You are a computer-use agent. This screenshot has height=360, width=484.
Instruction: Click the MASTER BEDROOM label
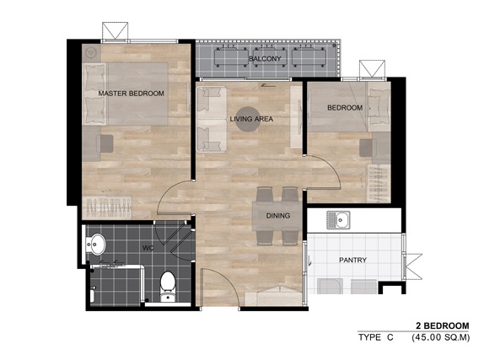132,94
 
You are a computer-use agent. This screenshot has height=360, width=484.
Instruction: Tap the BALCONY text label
265,58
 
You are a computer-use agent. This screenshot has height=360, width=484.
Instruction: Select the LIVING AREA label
251,119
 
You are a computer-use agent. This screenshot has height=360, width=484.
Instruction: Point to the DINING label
278,216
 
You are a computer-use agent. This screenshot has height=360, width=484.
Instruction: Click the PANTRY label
352,260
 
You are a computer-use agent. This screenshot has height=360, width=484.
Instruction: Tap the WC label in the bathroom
148,248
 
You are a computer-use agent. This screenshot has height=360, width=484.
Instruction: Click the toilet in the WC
168,286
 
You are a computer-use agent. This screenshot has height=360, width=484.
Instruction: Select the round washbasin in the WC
96,244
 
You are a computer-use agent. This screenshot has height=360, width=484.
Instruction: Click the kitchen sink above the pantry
338,220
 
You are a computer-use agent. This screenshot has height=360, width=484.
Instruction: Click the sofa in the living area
212,120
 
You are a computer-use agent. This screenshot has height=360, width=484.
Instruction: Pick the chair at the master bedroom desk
105,143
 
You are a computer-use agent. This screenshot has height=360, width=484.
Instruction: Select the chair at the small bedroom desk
368,148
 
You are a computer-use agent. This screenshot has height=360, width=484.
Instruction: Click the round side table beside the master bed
91,53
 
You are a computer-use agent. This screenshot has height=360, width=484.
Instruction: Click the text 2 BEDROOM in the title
443,325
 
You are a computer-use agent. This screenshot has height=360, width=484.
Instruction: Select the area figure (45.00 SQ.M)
440,337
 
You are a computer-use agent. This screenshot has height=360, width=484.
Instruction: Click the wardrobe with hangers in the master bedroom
107,207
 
